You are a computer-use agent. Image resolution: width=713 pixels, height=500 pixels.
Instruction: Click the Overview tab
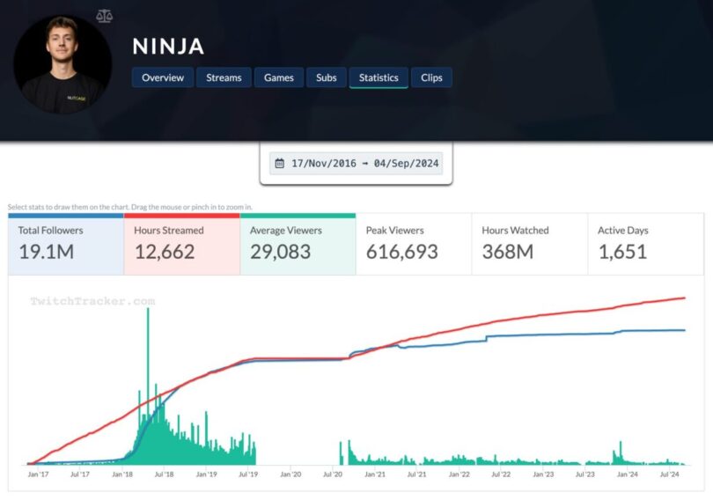pos(163,77)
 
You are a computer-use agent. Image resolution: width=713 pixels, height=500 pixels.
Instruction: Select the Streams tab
pos(224,77)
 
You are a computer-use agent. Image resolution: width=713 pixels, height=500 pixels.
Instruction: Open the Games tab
pos(280,77)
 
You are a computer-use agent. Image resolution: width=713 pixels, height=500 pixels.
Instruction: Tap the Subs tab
pos(326,77)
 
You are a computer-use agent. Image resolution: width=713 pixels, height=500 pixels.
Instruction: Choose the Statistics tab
pos(379,77)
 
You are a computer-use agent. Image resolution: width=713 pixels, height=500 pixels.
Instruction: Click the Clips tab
pos(431,77)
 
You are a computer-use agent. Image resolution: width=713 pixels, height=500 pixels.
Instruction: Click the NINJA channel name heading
pos(168,46)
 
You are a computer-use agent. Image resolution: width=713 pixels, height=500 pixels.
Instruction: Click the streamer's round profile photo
pos(62,64)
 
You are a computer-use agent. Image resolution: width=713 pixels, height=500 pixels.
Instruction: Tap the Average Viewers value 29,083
pos(279,252)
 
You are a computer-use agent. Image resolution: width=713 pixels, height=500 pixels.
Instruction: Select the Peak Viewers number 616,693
pos(401,252)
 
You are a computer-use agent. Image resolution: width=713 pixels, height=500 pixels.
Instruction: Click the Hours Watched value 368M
pos(508,252)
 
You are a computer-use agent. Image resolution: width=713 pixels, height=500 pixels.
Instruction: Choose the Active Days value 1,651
pos(622,252)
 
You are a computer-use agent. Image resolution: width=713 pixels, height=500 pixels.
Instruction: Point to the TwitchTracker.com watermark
pos(92,301)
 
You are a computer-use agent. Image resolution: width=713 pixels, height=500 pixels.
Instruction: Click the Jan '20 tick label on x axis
pos(290,474)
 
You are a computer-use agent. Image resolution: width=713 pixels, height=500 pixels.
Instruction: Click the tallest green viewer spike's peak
pos(148,309)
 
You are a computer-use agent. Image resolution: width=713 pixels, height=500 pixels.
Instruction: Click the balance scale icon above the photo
pos(106,16)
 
